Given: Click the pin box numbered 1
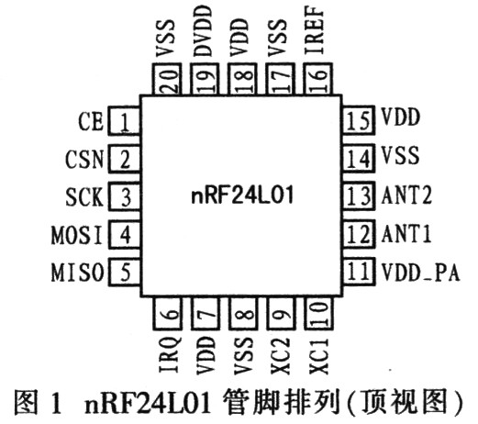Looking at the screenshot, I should pyautogui.click(x=124, y=120).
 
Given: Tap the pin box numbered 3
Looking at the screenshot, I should pyautogui.click(x=124, y=197).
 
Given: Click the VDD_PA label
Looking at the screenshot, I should pyautogui.click(x=420, y=273).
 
